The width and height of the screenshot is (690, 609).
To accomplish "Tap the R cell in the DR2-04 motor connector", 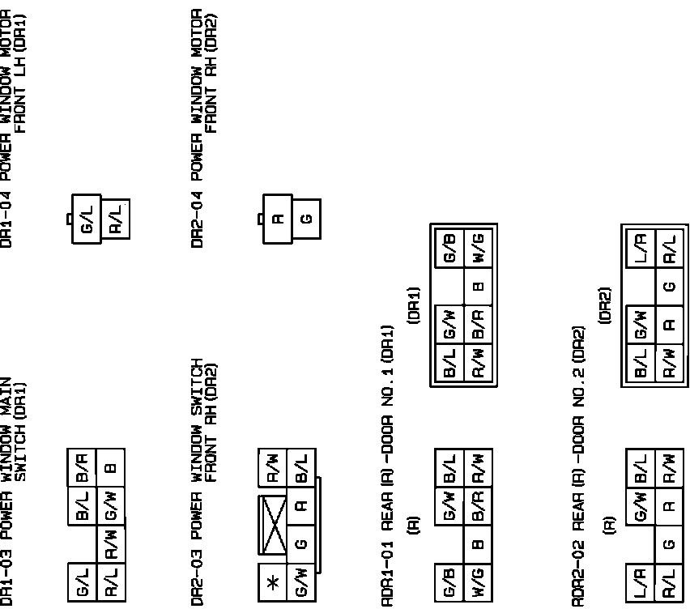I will (278, 219).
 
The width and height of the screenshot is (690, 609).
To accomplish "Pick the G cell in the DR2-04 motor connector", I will (305, 219).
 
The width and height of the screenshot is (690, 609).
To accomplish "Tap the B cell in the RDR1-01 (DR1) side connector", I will (479, 285).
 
